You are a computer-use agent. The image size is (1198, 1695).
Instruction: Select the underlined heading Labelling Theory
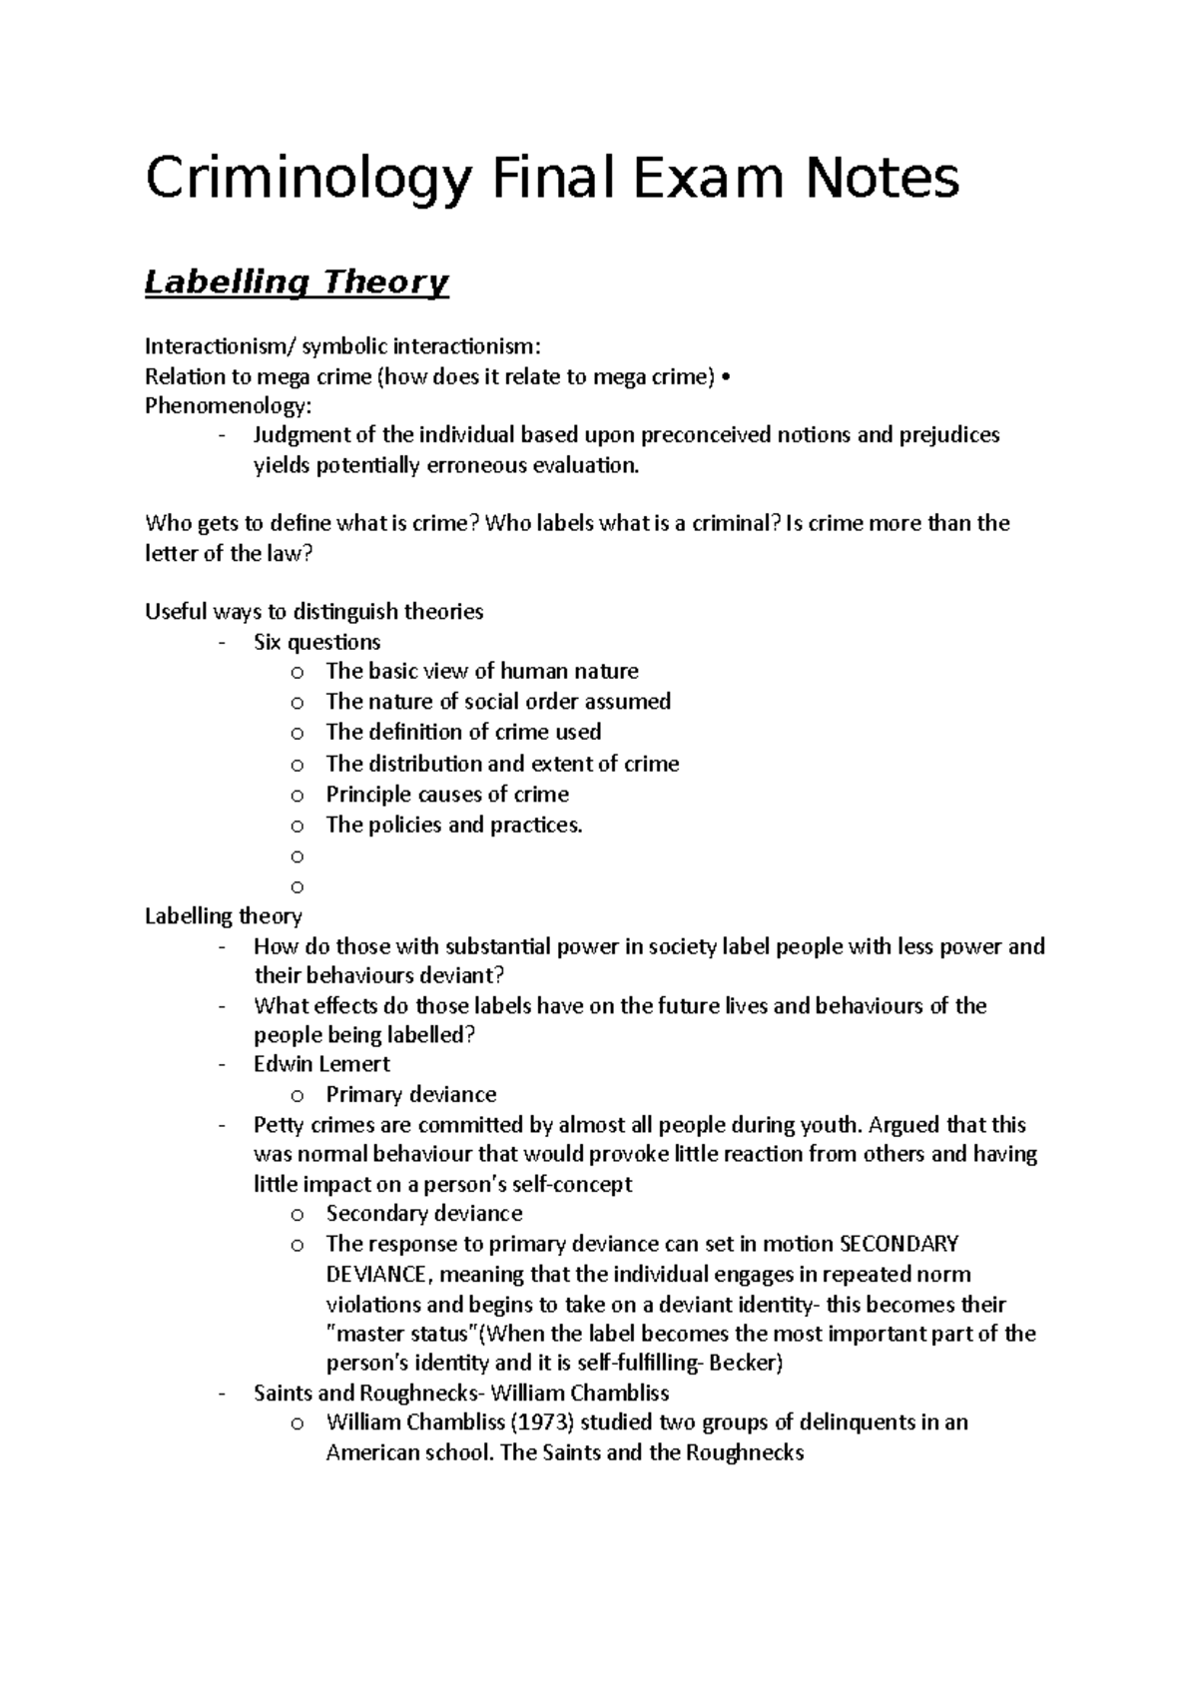click(x=297, y=282)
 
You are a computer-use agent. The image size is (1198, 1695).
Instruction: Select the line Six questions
click(x=316, y=642)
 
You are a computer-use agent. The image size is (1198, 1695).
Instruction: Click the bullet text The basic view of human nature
click(x=482, y=672)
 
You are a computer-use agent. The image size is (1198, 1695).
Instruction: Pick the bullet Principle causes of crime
click(x=447, y=795)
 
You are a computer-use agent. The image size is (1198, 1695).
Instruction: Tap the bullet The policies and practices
click(x=453, y=825)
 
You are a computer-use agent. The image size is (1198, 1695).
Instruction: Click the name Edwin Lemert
click(x=321, y=1064)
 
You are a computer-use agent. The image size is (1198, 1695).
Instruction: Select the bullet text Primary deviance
click(x=410, y=1094)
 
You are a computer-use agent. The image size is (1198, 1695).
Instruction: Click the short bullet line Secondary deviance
click(x=424, y=1214)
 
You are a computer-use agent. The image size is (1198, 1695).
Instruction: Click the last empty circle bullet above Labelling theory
click(x=297, y=886)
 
